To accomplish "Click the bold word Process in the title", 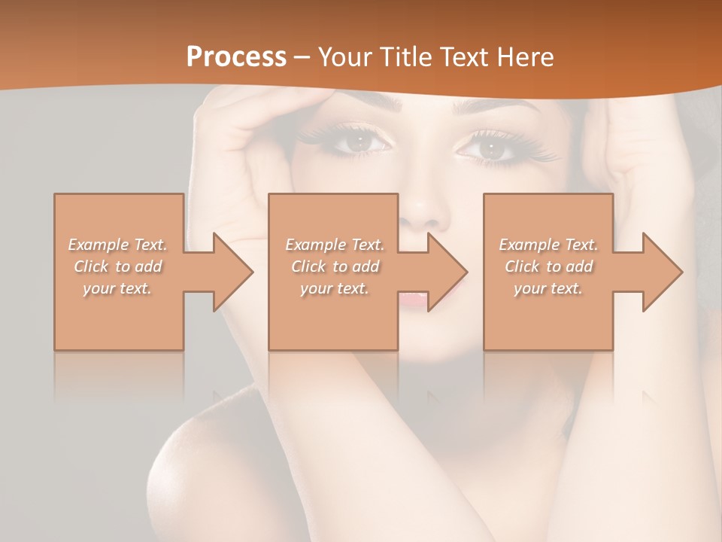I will [x=236, y=57].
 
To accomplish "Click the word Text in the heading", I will [x=466, y=57].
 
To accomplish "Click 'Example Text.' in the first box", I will [x=118, y=245].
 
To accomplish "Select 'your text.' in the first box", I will [x=118, y=288].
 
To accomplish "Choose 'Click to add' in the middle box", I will [x=335, y=266].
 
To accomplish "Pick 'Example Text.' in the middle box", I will [x=335, y=245].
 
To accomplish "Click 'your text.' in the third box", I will [x=548, y=288].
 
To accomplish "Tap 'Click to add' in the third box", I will [x=548, y=266].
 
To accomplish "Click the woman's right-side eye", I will [x=492, y=148].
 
